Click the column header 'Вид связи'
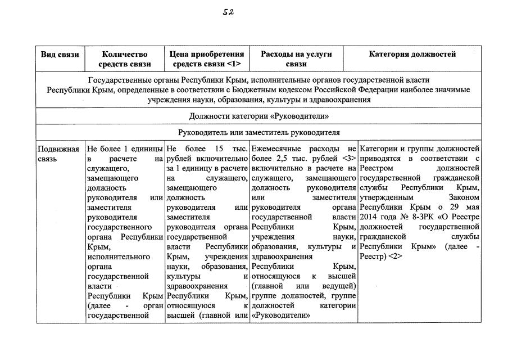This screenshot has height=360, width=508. coord(60,55)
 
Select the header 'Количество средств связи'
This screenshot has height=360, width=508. coord(126,59)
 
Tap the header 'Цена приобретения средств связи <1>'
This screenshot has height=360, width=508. coord(207,59)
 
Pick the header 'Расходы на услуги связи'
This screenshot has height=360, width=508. coord(296,59)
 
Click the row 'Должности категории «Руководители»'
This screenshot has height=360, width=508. coord(259,116)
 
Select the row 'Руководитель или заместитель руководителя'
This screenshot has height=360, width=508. coord(259,132)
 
